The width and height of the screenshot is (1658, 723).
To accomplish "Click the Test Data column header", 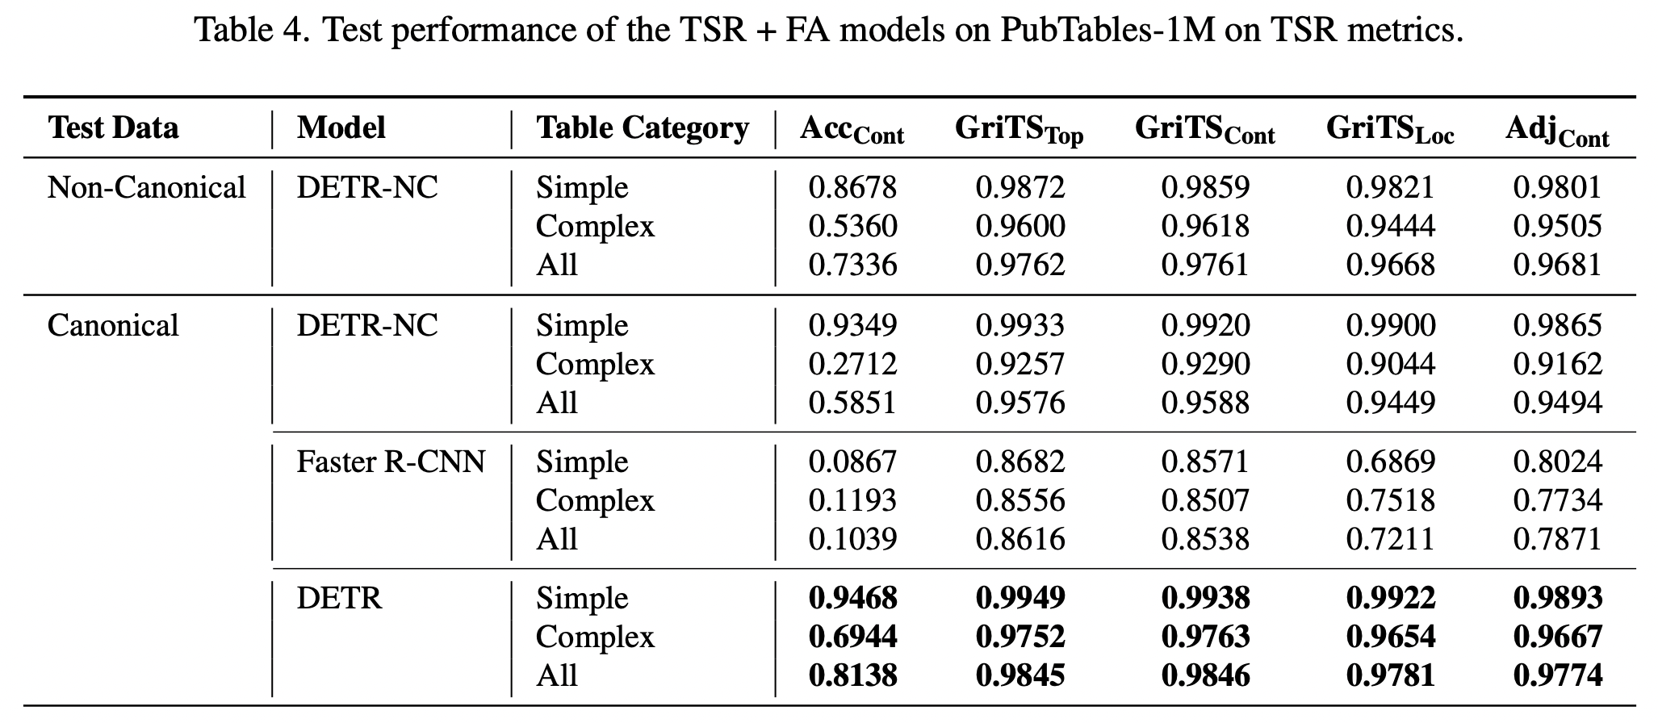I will coord(113,128).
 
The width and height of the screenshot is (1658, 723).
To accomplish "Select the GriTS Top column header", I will coord(1019,130).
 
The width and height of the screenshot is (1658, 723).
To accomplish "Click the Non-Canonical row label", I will coord(146,188).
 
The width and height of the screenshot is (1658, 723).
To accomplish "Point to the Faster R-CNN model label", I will coord(391,462).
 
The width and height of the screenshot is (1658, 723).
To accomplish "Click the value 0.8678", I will coord(852,188).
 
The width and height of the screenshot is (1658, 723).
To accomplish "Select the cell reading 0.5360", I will coord(852,227).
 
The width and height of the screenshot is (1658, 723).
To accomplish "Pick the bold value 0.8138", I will coord(852,675).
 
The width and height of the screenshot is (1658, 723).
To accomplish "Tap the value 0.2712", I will coord(852,365).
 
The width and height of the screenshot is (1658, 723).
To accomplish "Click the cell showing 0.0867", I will coord(852,462).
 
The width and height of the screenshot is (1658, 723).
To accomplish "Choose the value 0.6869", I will coord(1390,462).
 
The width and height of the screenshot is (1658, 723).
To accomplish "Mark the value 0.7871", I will coord(1557,539).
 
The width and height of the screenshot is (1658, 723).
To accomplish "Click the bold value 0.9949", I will coord(1020,599).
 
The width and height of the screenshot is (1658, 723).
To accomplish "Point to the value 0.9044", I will coord(1390,365).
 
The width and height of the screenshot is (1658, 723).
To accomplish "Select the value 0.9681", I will coord(1557,265).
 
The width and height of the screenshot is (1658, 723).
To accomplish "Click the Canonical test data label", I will coord(113,326).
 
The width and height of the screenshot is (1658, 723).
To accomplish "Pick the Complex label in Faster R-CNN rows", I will coord(595,501).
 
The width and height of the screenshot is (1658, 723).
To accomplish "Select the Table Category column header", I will coord(643,128).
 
